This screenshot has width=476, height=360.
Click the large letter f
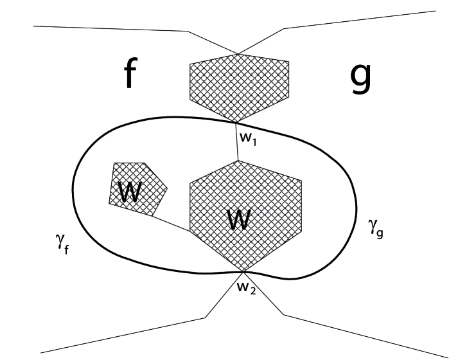tap(130, 75)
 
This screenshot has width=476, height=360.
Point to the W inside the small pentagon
tap(130, 192)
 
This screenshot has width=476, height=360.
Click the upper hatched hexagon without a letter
tap(239, 87)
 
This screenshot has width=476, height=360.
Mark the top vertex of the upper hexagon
tap(238, 55)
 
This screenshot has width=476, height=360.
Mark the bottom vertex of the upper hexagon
tap(238, 122)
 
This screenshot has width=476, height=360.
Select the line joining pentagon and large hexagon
tap(170, 223)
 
